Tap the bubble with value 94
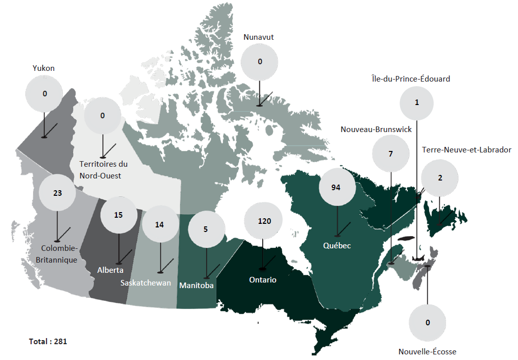point(336,187)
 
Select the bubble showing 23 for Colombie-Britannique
point(57,193)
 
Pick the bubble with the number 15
point(118,215)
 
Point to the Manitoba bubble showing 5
point(206,229)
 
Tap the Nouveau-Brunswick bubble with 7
point(391,153)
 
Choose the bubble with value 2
point(440,178)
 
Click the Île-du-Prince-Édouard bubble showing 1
point(417,102)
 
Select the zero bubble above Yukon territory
point(44,94)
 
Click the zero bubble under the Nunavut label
point(260,62)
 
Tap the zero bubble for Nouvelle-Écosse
point(428,322)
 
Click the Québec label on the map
point(337,246)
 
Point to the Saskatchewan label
point(145,283)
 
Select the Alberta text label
point(110,270)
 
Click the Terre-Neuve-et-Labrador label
point(466,149)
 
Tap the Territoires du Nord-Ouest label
point(104,170)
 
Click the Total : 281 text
point(48,341)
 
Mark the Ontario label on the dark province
point(263,280)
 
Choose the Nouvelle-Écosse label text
point(427,351)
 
